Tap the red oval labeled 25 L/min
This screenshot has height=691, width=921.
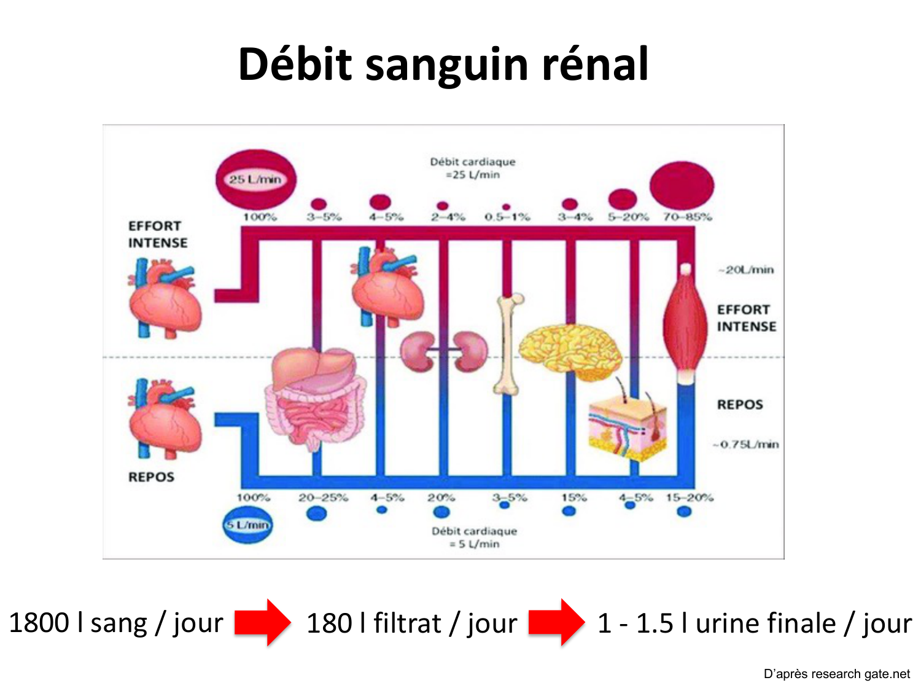pos(255,179)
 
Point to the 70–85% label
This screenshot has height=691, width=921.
pos(687,217)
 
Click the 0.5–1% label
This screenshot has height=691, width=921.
pos(507,217)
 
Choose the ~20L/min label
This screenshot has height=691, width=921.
pos(746,270)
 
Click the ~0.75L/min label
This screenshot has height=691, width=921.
pos(746,444)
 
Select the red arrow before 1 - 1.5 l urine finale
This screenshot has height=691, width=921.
pos(556,622)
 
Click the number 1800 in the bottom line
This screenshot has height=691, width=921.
pos(39,622)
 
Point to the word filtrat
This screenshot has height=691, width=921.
pos(407,623)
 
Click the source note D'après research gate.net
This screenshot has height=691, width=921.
pos(836,674)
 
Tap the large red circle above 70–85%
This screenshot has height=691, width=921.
pos(682,185)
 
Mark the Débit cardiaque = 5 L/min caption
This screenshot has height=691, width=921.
pos(474,537)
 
